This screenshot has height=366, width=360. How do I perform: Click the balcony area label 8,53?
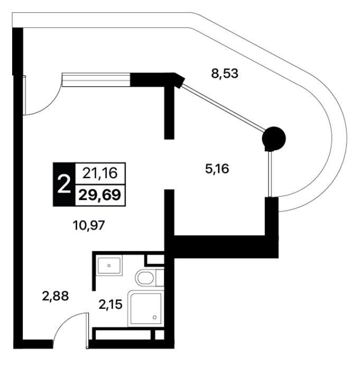click(x=225, y=74)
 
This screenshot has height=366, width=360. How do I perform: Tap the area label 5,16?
click(x=217, y=169)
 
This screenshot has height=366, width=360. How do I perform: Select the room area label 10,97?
click(x=89, y=226)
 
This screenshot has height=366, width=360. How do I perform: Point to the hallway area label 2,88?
click(x=56, y=296)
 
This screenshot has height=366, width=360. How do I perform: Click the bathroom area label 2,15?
click(x=110, y=304)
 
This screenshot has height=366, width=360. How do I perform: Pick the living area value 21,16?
click(x=100, y=173)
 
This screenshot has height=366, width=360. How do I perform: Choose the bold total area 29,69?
click(x=100, y=195)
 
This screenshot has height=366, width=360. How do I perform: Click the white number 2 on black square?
click(x=64, y=185)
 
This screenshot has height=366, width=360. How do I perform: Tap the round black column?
click(x=274, y=139)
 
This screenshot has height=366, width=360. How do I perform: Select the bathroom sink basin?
click(x=109, y=266)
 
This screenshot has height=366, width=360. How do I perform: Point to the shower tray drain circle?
click(x=154, y=317)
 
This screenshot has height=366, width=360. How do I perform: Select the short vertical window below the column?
click(x=271, y=174)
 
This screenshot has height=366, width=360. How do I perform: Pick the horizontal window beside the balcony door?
click(x=96, y=79)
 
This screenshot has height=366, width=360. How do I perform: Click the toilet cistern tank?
click(x=160, y=278)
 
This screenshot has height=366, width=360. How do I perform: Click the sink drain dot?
click(x=109, y=266)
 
